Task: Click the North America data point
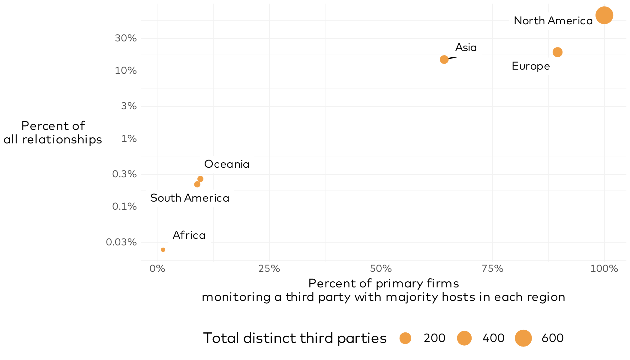tap(604, 15)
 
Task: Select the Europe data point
tap(557, 52)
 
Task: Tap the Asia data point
tap(444, 59)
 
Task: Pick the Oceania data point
tap(200, 179)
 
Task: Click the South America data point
tap(197, 184)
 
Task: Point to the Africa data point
tap(163, 250)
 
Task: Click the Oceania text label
tap(227, 164)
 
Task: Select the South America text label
tap(190, 198)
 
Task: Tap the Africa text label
tap(189, 235)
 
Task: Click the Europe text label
tap(531, 66)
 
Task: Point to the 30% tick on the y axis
tap(126, 38)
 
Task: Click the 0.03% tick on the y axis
tap(121, 242)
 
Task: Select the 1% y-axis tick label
tap(129, 139)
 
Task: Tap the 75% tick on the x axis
tap(493, 268)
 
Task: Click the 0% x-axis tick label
tap(157, 268)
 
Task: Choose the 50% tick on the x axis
tap(381, 268)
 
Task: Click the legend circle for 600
tap(523, 338)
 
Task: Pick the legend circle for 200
tap(405, 338)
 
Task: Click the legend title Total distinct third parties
tap(295, 338)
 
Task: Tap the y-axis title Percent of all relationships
tap(53, 133)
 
